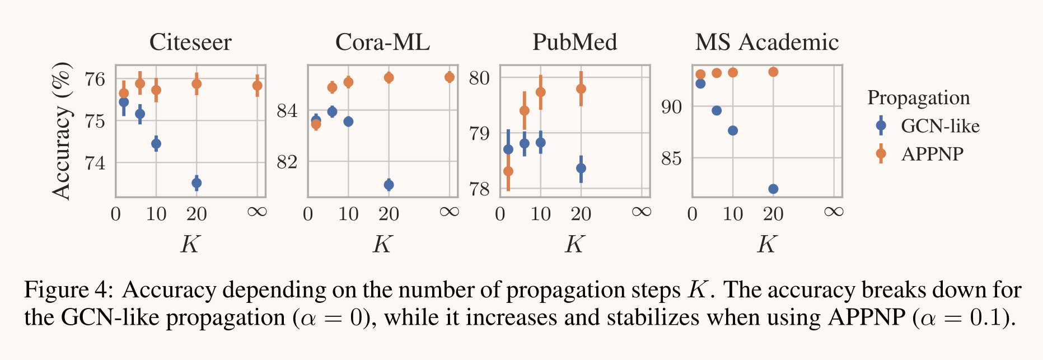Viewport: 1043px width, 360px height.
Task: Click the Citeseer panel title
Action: tap(190, 43)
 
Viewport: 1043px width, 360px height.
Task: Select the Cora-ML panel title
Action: tap(382, 43)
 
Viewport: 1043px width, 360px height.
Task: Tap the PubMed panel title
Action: tap(574, 43)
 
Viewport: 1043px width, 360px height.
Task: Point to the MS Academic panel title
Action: tap(766, 43)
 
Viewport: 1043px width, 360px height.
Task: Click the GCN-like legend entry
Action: tap(939, 126)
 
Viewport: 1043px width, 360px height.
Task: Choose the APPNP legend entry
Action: tap(932, 154)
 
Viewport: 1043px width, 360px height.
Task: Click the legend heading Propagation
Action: tap(918, 98)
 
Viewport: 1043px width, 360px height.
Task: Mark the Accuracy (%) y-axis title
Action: tap(62, 131)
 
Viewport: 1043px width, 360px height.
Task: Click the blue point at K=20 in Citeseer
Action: tap(197, 183)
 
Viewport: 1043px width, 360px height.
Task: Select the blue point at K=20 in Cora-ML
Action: tap(389, 185)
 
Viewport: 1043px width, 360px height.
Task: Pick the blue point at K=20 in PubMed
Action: tap(581, 168)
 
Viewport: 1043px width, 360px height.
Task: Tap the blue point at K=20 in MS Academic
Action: tap(773, 189)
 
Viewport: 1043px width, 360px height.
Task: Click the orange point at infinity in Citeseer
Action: tap(257, 86)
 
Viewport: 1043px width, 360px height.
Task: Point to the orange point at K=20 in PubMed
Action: tap(581, 88)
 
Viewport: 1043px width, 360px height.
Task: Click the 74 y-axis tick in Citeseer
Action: tap(95, 163)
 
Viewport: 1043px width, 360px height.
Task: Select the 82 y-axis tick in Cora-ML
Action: tap(287, 162)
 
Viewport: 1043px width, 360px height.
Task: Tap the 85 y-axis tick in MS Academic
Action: tap(671, 158)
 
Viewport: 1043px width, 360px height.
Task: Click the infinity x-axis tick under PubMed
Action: tap(642, 212)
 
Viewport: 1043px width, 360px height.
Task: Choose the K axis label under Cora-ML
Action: tap(382, 244)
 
